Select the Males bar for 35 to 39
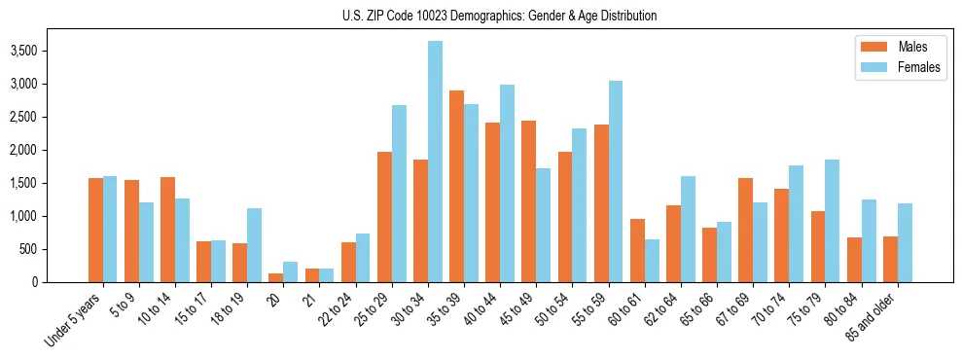tap(456, 186)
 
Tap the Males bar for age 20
tap(276, 277)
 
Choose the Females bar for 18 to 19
tap(254, 245)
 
